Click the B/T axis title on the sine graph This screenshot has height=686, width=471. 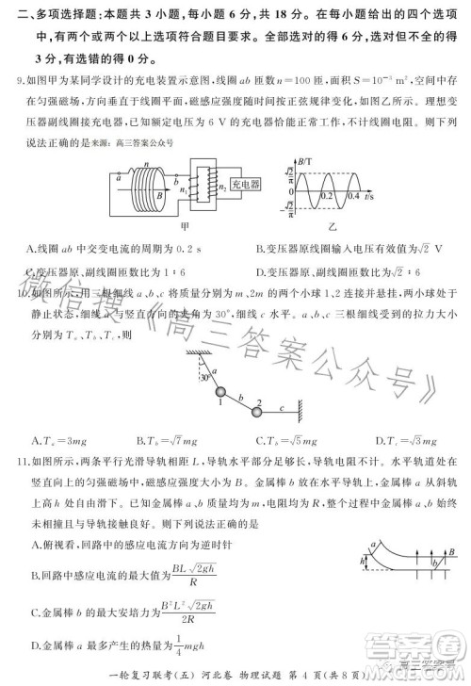coord(305,161)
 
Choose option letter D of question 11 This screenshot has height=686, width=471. coord(35,645)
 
